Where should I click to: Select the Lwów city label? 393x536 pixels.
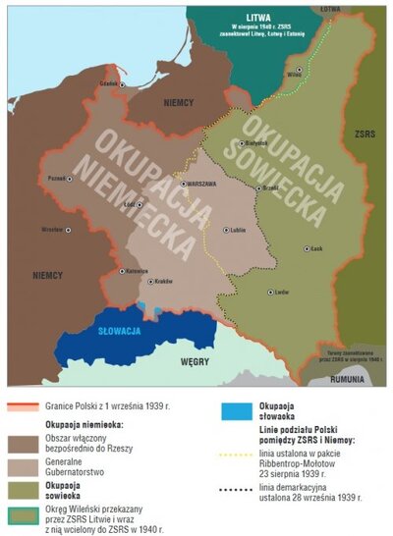282,292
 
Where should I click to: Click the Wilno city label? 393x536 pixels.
293,74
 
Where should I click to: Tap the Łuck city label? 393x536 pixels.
315,249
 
